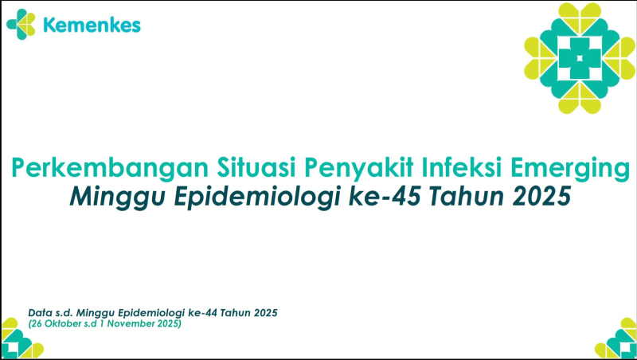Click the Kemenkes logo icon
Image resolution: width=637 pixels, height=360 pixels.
(21, 25)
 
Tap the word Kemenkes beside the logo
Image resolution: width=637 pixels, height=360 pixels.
(92, 25)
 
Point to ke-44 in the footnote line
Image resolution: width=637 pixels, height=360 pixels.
(193, 312)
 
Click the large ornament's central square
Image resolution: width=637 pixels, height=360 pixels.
(579, 57)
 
